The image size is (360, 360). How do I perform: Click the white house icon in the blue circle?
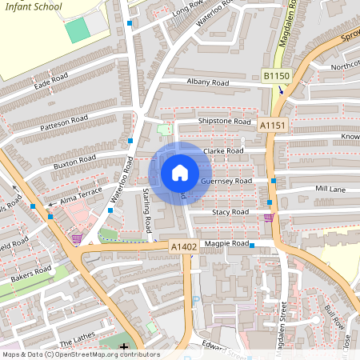180,173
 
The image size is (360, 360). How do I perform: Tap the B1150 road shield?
276,76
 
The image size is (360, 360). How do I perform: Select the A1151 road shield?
272,125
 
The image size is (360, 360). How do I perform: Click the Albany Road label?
208,82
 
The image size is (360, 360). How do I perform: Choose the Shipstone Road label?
225,122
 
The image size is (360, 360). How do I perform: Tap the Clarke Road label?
224,150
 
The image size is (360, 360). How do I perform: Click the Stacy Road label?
230,212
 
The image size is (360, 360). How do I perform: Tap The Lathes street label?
76,340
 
